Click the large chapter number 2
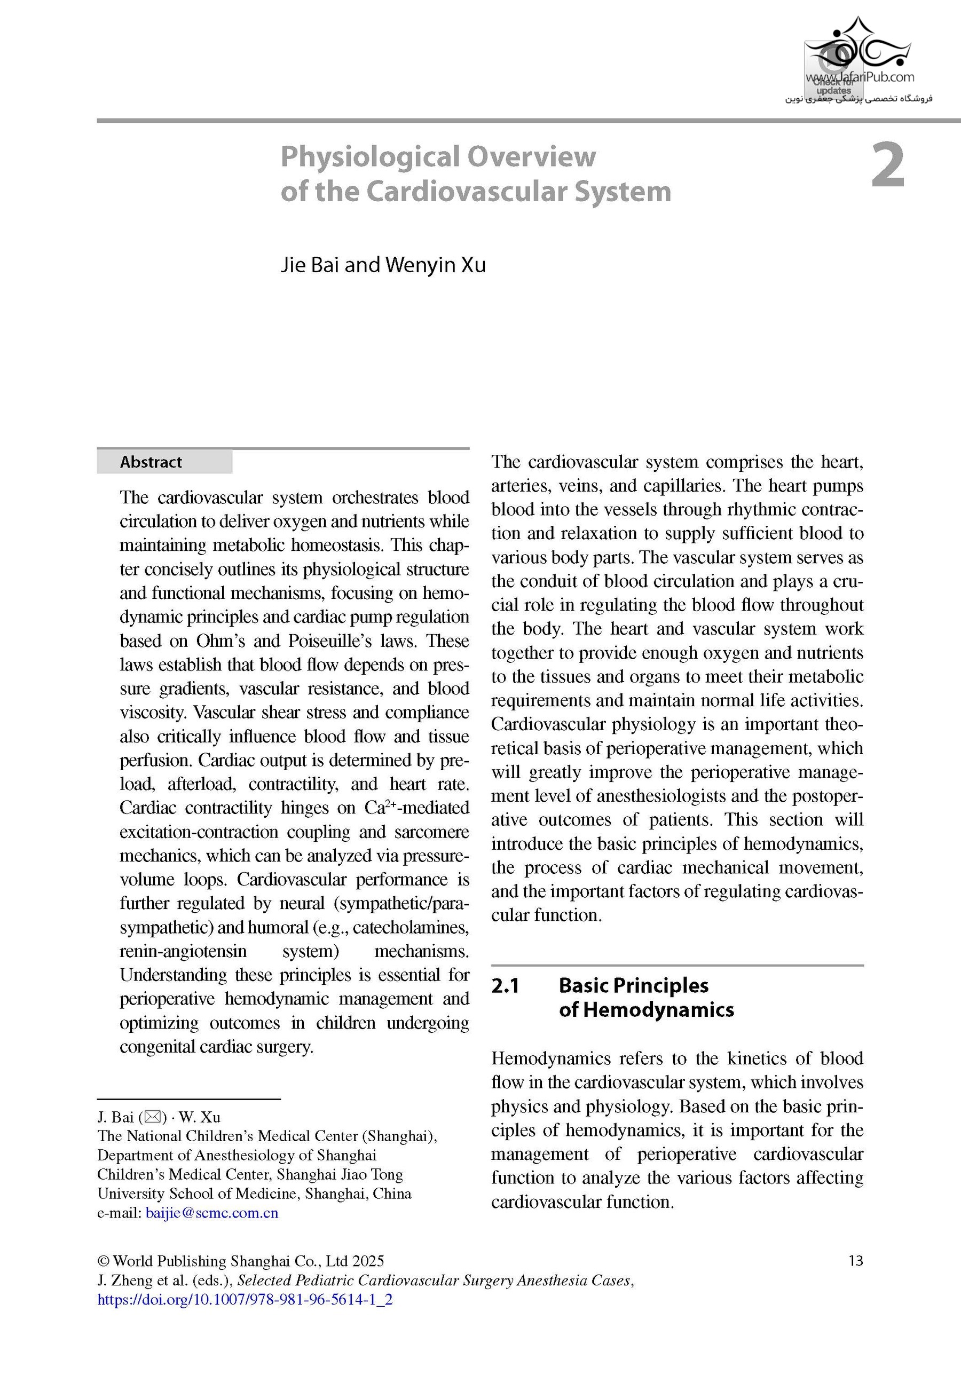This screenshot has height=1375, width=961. point(887,166)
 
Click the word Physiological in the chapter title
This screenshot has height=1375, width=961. point(369,157)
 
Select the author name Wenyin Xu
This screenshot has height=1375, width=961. point(435,265)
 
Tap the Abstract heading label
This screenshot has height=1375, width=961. point(151,462)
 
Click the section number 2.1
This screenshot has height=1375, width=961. point(505,985)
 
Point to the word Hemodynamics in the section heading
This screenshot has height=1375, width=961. point(658,1010)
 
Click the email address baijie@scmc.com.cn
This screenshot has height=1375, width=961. point(212,1213)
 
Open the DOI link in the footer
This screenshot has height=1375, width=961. point(245,1300)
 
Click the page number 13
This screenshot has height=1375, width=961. point(855,1261)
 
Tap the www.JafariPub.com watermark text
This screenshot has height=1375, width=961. point(860,77)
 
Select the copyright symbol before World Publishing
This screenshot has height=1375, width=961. point(103,1261)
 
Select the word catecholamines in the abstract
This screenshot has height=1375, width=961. point(411,928)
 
